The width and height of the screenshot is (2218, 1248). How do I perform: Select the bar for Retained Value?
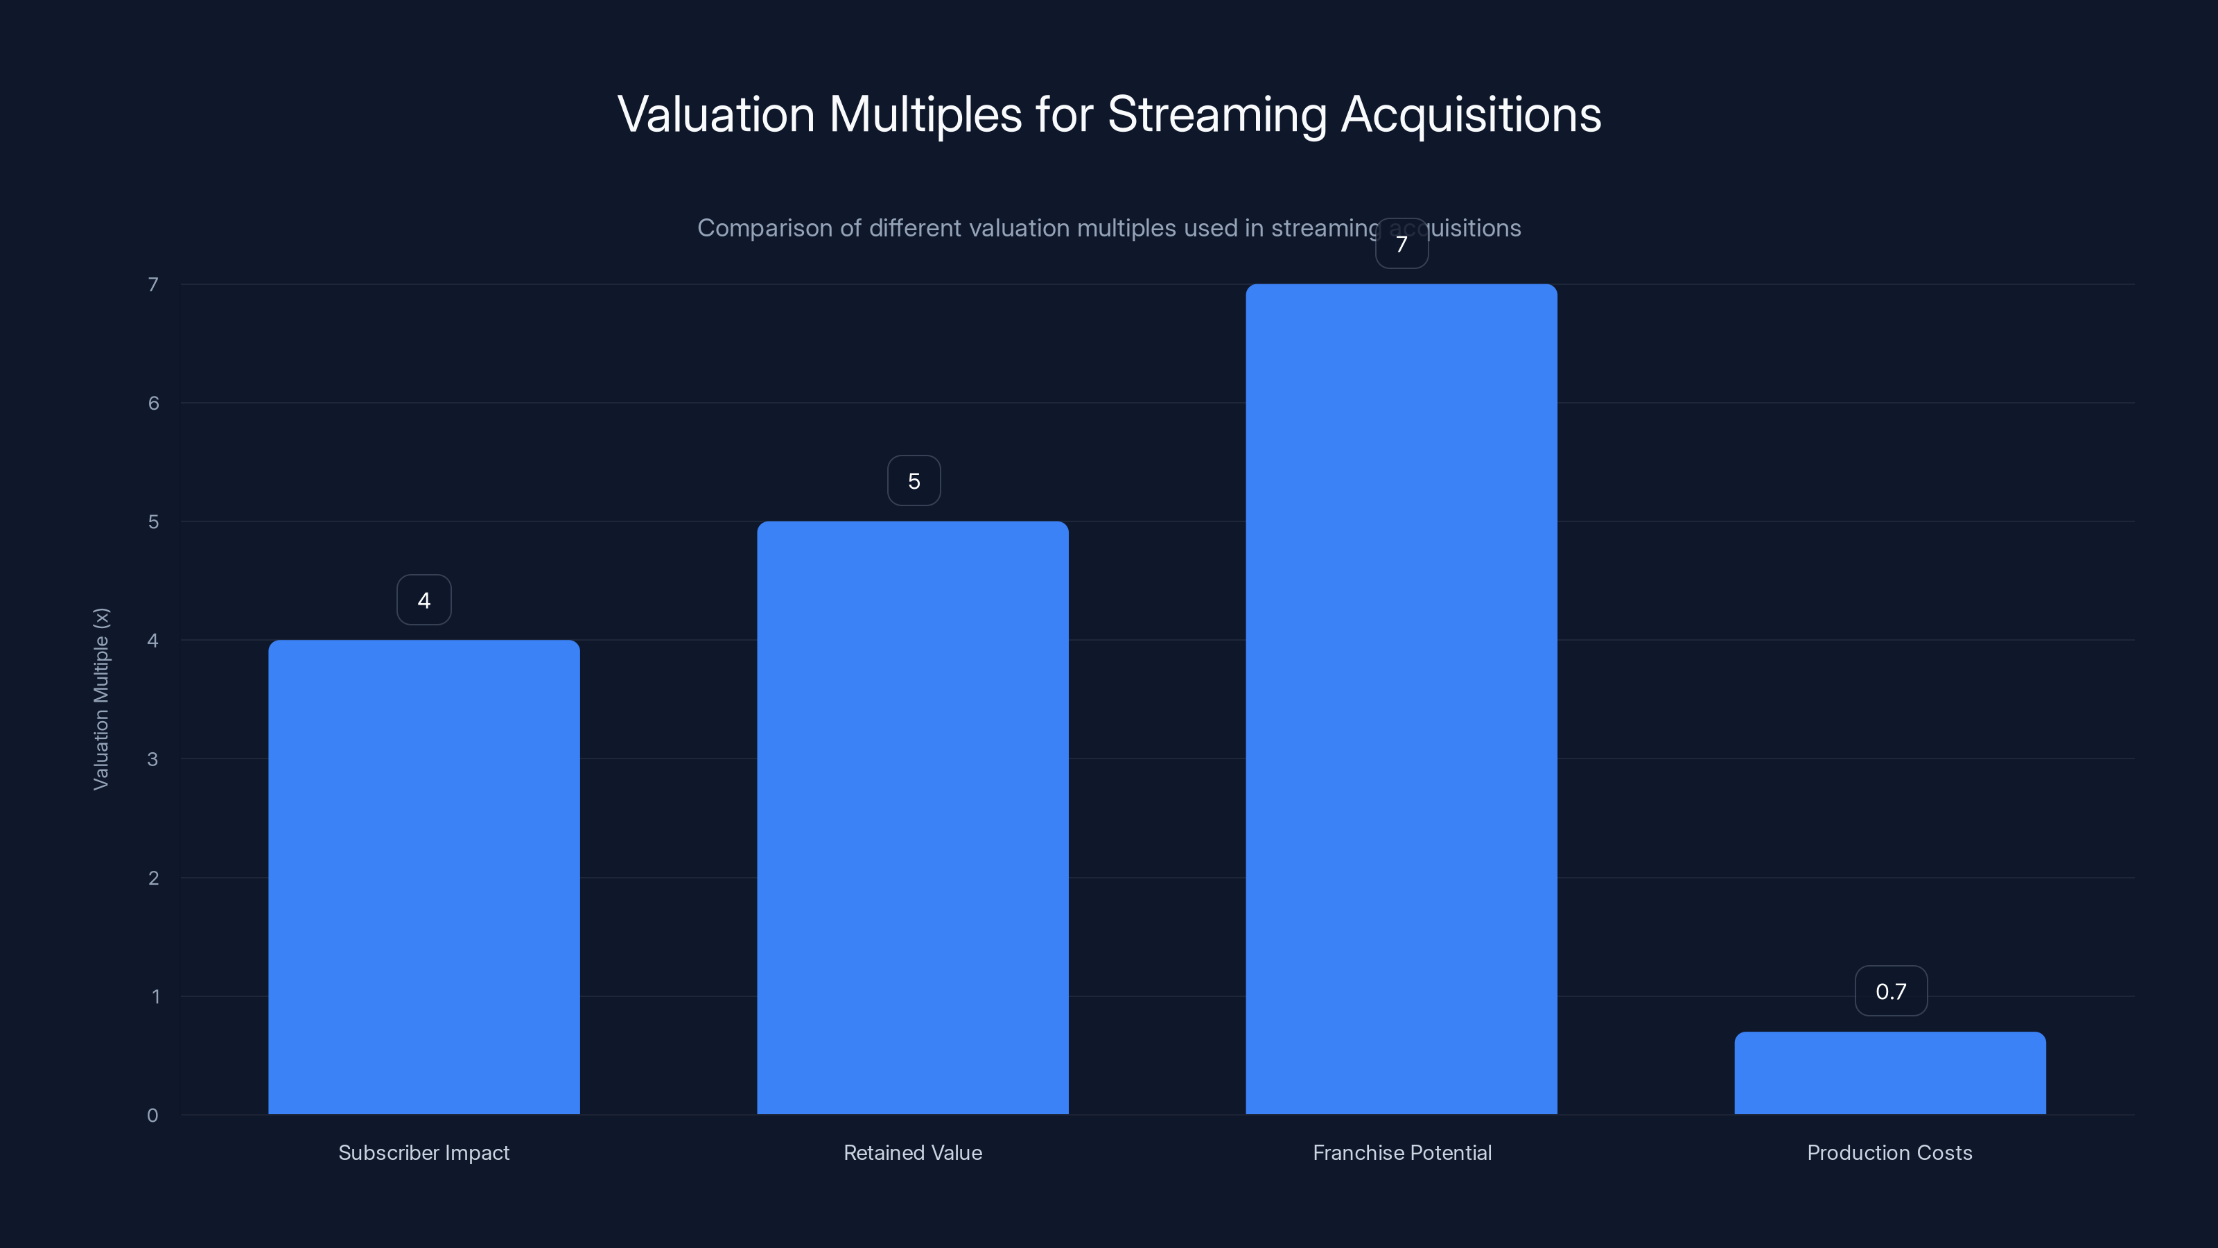[913, 817]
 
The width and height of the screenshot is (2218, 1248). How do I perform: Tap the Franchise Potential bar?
[1401, 698]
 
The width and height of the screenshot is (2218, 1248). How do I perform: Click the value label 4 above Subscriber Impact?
[423, 600]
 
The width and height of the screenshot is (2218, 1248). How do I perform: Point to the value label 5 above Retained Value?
[914, 480]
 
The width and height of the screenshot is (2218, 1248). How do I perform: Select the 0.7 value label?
[1891, 991]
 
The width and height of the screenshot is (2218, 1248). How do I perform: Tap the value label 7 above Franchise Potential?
[1401, 245]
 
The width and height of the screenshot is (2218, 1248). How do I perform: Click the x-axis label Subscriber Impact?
[423, 1152]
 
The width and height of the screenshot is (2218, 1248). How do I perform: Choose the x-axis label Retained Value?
[913, 1152]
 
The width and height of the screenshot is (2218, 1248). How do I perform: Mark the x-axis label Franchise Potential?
[1401, 1152]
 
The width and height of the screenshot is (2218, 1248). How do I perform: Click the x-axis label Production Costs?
[1889, 1152]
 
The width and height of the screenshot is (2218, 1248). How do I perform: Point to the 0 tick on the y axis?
[152, 1116]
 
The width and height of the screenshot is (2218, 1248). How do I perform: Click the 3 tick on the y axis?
[152, 759]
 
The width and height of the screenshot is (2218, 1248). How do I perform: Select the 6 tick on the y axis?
[153, 403]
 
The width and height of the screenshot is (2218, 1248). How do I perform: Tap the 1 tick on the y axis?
[155, 996]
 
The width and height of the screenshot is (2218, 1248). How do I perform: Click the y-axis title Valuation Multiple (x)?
[101, 698]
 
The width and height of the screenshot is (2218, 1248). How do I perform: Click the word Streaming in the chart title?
[1216, 115]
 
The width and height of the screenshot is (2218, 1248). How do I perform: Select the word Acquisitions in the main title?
[1471, 115]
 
